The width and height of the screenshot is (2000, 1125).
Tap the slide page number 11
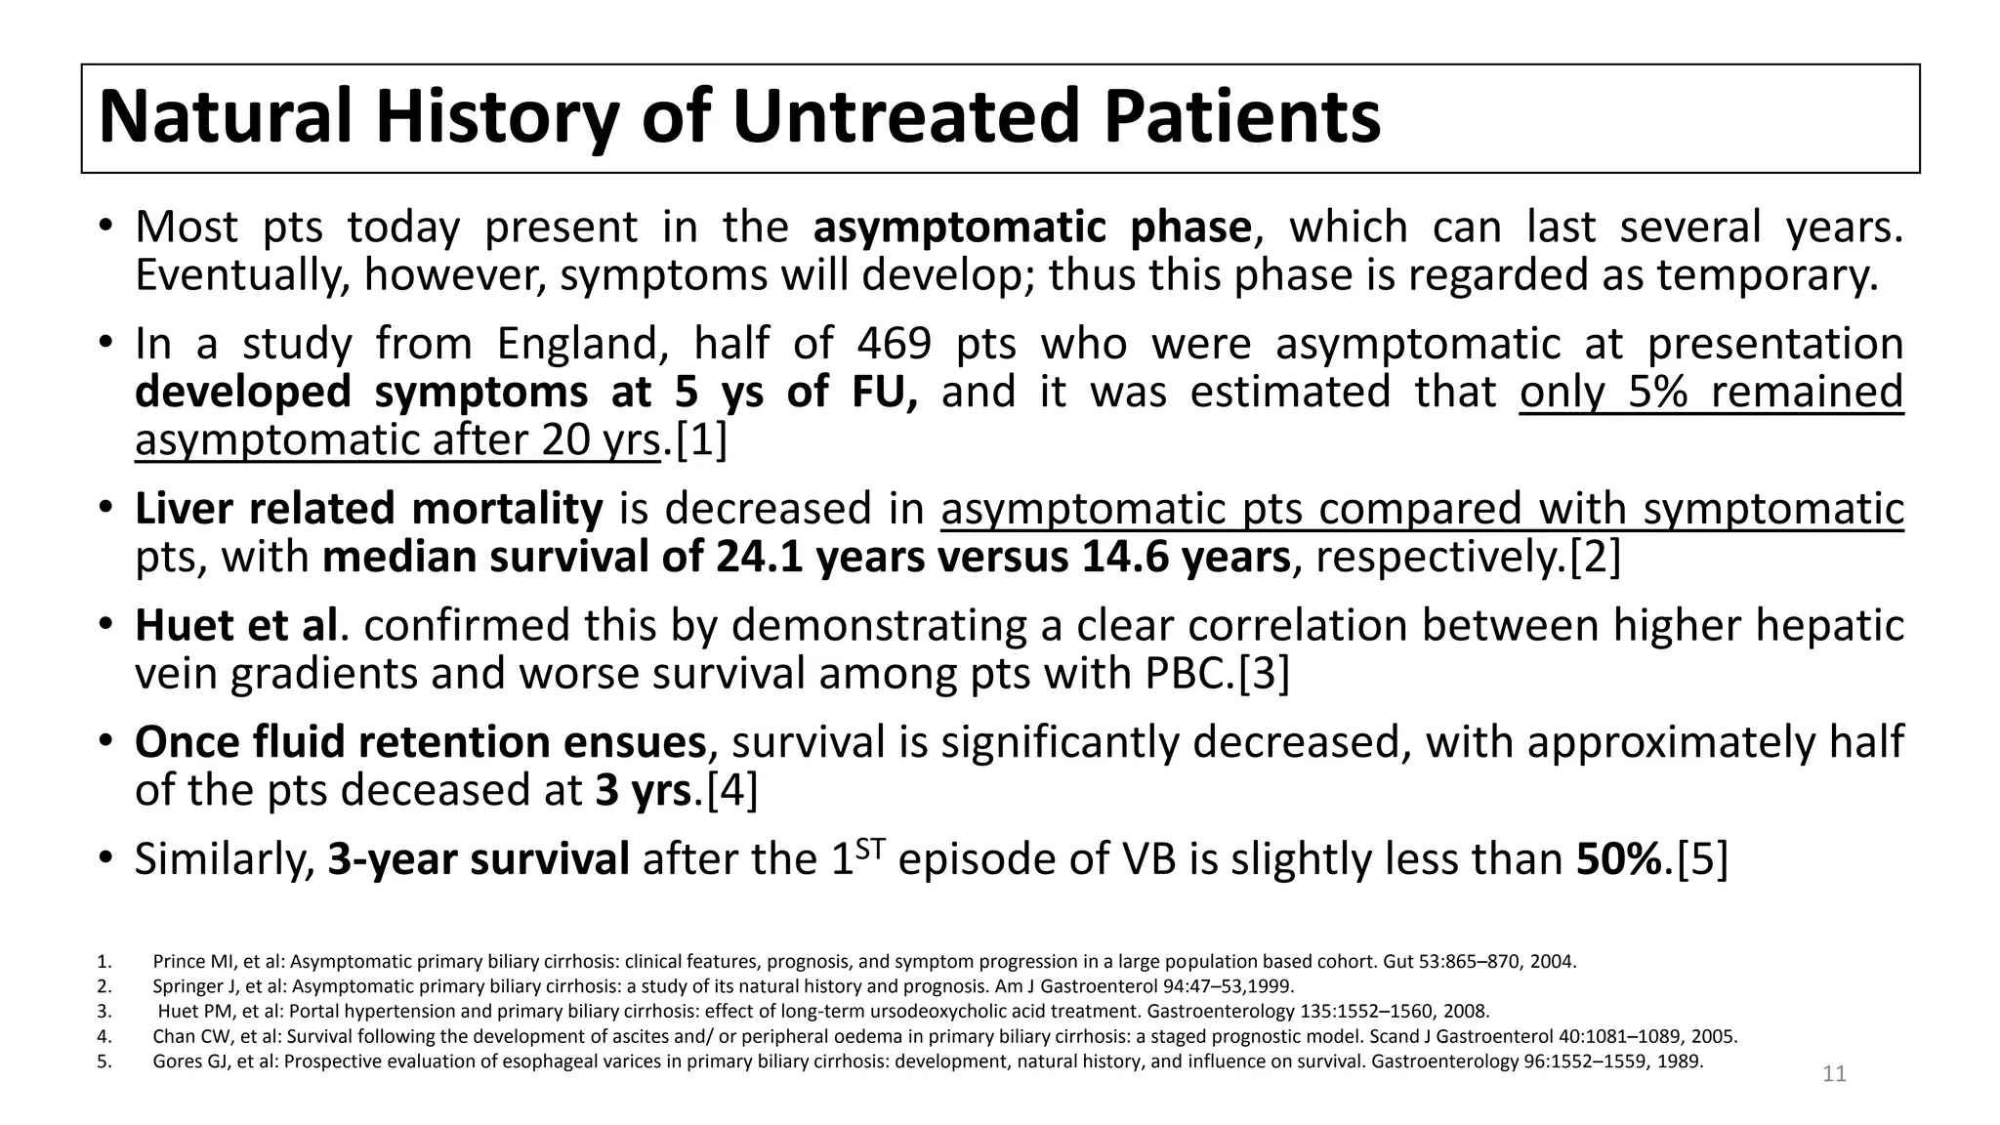coord(1834,1074)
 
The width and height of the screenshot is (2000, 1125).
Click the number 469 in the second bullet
coord(894,344)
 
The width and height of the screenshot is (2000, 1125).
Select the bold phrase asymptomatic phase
coord(1031,228)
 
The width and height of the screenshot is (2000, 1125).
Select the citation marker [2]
coord(1594,558)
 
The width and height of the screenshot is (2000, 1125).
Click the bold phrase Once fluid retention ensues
coord(420,742)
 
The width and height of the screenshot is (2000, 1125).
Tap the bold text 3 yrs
coord(644,790)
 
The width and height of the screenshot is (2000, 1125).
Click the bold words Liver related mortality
coord(368,510)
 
